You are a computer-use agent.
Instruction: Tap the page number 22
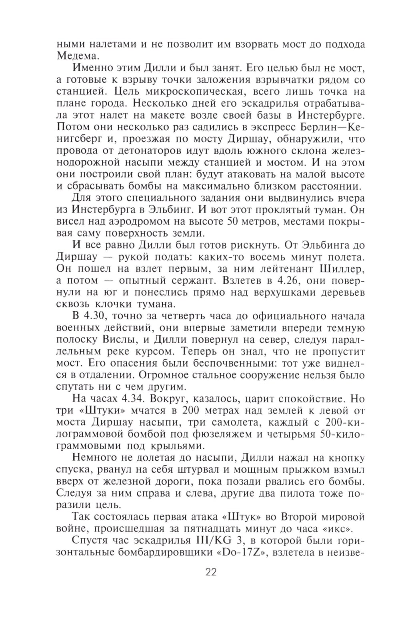[x=211, y=572]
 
